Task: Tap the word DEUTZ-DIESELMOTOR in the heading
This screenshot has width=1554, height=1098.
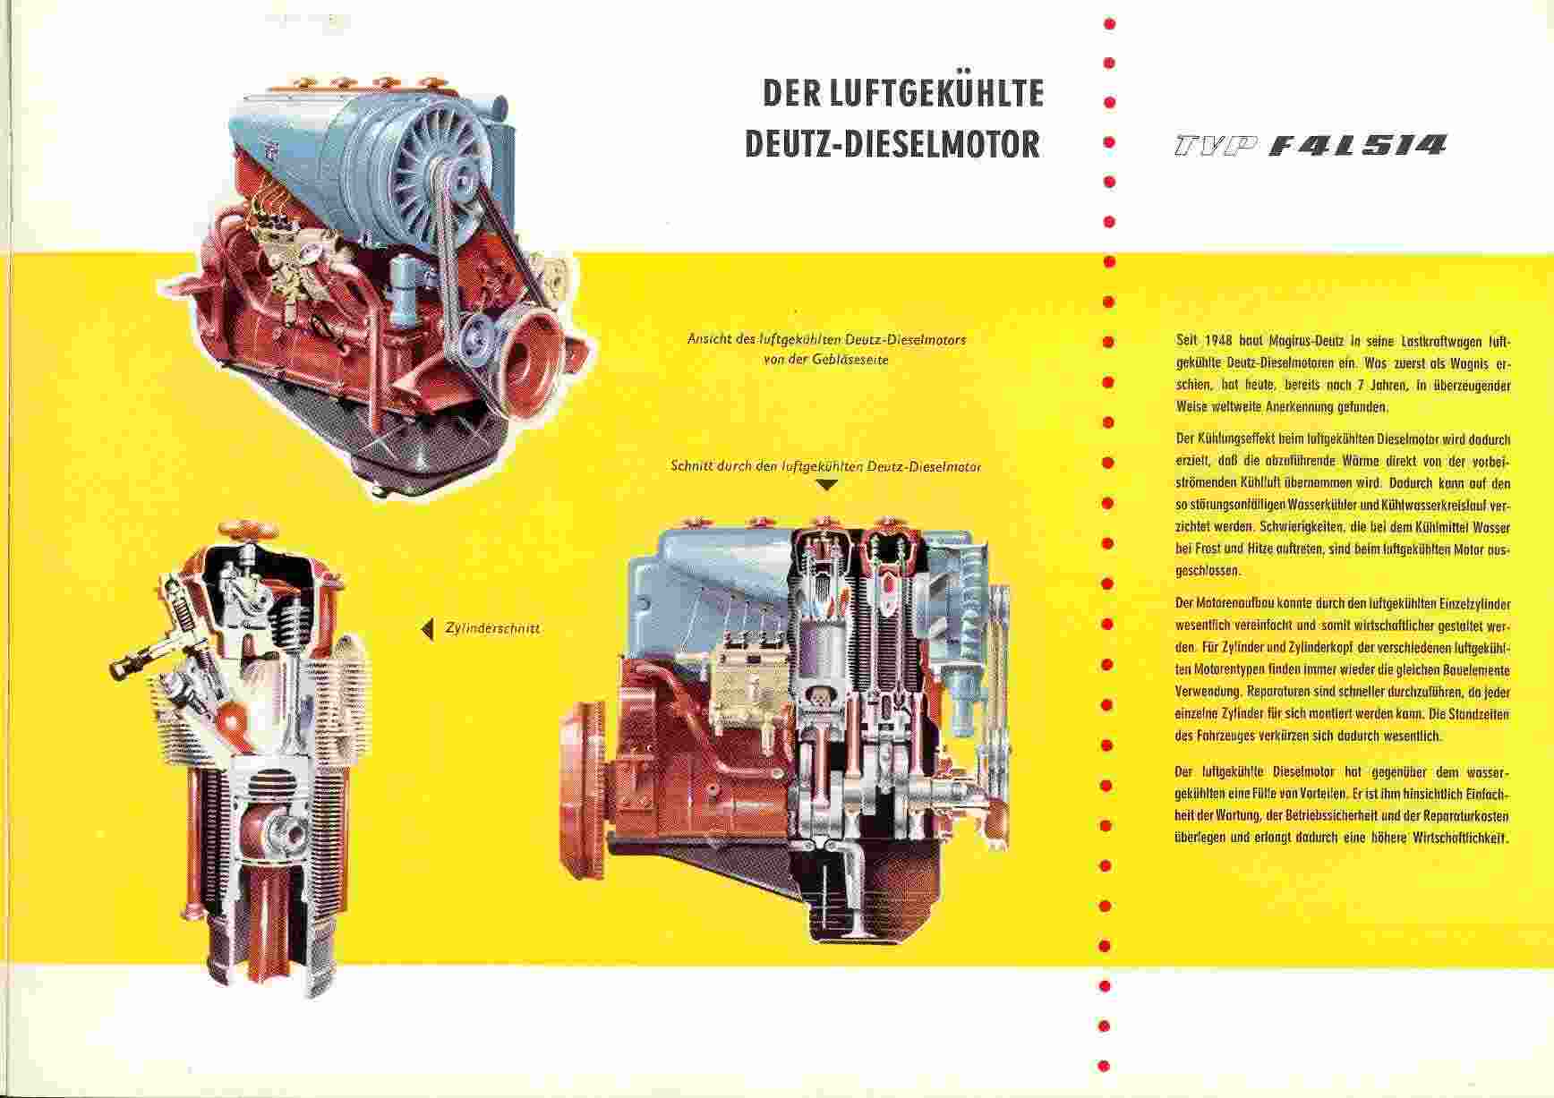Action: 892,144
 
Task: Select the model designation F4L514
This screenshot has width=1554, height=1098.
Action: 1358,144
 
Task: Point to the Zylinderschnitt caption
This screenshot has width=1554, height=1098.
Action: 492,629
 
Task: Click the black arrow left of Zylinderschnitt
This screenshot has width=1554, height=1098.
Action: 427,629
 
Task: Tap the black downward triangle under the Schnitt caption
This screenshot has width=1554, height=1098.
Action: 828,485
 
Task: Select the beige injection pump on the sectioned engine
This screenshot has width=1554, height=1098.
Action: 748,685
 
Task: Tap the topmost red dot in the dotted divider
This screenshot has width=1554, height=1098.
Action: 1108,22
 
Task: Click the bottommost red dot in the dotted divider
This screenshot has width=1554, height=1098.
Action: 1104,1066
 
